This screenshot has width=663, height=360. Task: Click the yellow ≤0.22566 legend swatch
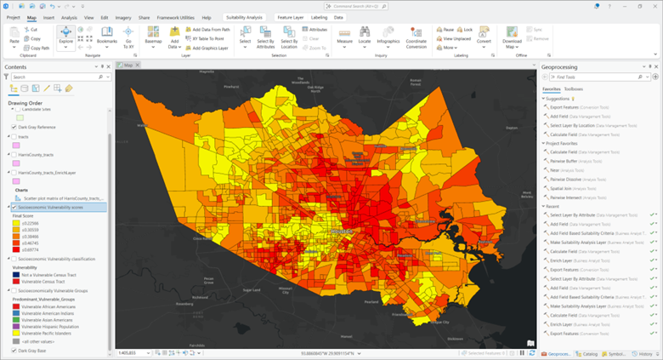17,224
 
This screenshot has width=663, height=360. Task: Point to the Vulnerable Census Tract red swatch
17,281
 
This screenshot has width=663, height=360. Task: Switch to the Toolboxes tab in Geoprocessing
574,88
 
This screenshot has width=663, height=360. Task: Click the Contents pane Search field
55,77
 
